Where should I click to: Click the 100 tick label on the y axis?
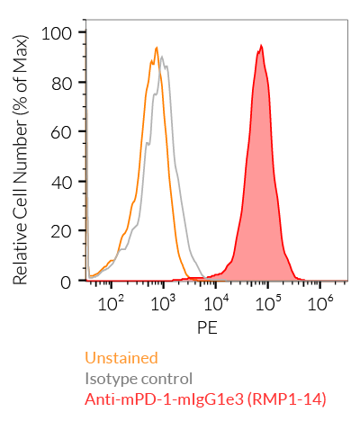click(x=62, y=32)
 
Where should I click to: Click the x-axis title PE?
click(x=207, y=329)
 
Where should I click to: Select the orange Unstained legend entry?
click(x=121, y=358)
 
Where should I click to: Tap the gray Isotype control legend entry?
click(x=139, y=378)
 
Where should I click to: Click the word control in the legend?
click(x=166, y=378)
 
